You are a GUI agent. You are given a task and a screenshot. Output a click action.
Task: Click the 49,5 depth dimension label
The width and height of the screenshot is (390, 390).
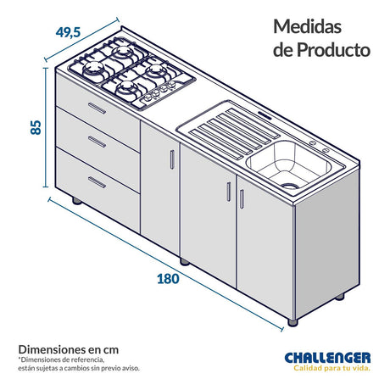68,32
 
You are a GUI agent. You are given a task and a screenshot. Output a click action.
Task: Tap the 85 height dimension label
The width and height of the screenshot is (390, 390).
36,127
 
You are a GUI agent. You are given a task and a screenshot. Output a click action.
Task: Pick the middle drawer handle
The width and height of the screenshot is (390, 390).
97,142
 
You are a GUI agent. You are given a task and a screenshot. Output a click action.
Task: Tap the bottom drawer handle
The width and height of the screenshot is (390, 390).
97,182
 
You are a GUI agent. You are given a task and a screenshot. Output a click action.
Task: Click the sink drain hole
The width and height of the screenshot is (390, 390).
290,184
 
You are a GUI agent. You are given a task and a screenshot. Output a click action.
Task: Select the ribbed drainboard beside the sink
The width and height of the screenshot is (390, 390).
229,127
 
